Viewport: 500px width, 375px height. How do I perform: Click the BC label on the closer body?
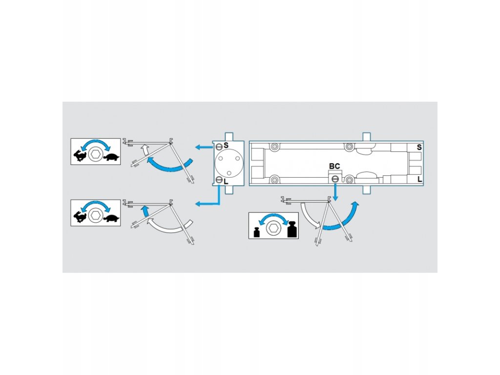tap(334, 167)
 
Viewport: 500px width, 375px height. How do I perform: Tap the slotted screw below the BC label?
tap(335, 179)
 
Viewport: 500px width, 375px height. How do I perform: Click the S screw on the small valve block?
tap(219, 146)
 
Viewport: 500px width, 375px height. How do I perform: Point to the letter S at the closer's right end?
tap(419, 147)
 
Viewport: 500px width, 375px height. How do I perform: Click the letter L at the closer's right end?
tap(420, 180)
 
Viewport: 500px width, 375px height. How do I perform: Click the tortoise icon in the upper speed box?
tap(112, 157)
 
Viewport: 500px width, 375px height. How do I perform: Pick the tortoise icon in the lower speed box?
tap(112, 218)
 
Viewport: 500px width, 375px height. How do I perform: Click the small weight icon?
tap(257, 232)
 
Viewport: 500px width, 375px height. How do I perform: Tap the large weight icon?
tap(292, 229)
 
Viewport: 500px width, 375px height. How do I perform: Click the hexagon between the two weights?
tap(274, 229)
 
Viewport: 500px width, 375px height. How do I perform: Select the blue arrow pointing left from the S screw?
tap(201, 146)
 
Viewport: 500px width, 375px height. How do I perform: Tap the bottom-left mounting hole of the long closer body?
tap(275, 180)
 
